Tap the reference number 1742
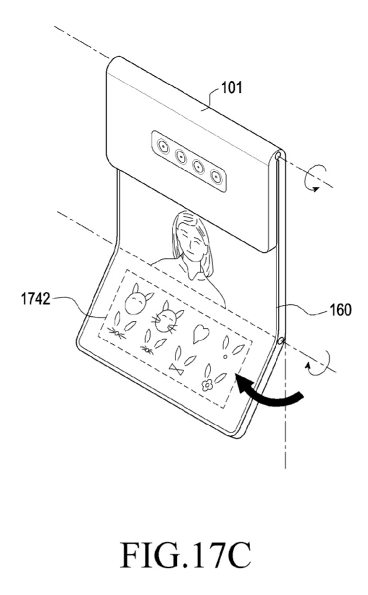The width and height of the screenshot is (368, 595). pos(35,299)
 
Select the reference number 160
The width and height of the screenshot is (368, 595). pos(340,310)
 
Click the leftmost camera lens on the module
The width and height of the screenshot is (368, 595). pos(163,146)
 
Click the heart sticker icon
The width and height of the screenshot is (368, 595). pos(201,334)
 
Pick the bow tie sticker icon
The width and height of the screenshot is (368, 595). pos(176,368)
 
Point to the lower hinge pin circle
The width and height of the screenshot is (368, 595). pos(280,341)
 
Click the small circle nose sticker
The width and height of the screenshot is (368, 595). pos(225,357)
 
